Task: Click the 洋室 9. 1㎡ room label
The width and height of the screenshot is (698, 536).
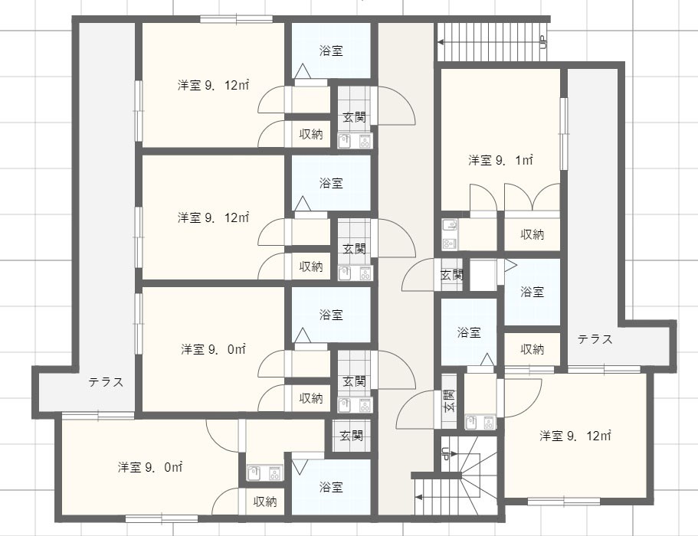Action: tap(500, 160)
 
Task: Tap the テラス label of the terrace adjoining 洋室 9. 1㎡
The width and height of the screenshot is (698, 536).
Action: tap(595, 339)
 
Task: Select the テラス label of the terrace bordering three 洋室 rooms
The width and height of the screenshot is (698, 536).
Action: tap(106, 382)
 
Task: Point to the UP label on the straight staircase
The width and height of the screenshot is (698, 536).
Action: tap(542, 42)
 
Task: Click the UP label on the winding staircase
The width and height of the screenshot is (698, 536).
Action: tap(444, 454)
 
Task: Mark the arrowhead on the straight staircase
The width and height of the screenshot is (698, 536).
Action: tap(441, 42)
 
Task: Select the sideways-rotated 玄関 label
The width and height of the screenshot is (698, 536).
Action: tap(450, 400)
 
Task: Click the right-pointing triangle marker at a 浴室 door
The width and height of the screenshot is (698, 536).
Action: tap(510, 266)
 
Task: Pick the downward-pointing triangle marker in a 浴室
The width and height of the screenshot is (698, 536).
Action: tap(300, 466)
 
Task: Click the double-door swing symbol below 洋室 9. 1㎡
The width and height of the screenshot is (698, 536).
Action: tap(532, 198)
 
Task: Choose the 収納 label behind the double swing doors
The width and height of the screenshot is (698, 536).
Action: tap(532, 234)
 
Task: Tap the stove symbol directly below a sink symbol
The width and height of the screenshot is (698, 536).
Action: tap(449, 243)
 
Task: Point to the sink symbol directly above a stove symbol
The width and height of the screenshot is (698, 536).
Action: tap(449, 225)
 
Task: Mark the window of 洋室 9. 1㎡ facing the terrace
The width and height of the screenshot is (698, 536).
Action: tap(564, 133)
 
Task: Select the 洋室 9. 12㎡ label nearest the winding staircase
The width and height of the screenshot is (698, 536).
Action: tap(575, 436)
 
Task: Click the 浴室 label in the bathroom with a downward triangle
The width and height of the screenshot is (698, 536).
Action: tap(331, 487)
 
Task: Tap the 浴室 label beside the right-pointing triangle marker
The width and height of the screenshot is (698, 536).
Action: tap(532, 292)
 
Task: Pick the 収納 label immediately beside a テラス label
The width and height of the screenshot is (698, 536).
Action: tap(532, 349)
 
